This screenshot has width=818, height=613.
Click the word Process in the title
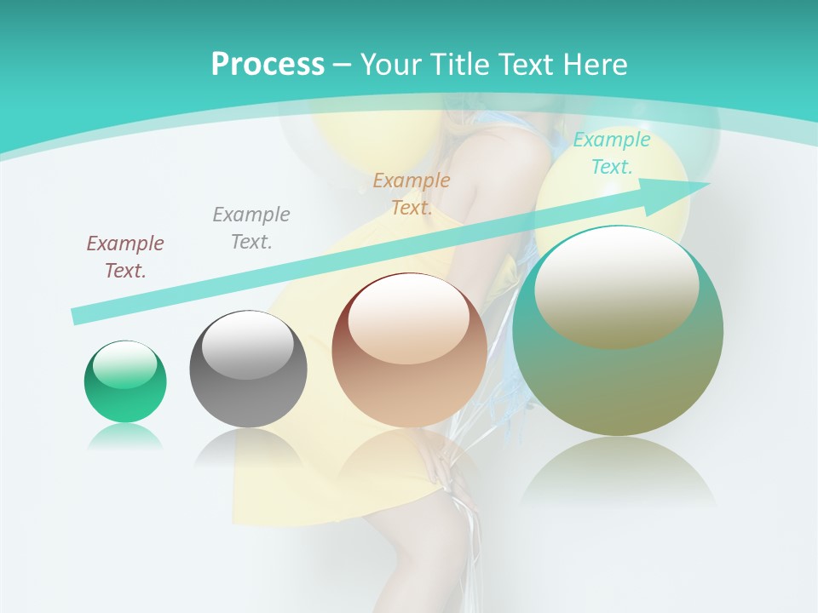268,65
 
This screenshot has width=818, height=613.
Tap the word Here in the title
594,65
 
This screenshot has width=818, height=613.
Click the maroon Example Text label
125,257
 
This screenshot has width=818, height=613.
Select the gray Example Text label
251,228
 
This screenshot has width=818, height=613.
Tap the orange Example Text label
412,193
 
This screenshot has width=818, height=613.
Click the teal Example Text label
612,153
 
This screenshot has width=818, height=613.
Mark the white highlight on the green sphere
125,364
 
